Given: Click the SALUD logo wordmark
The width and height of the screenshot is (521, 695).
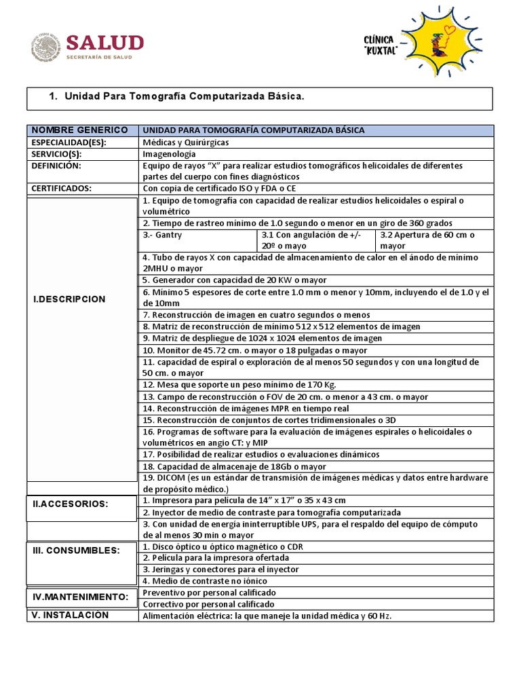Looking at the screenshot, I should pyautogui.click(x=106, y=43).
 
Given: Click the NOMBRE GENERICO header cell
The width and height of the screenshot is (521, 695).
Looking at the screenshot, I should pyautogui.click(x=79, y=130).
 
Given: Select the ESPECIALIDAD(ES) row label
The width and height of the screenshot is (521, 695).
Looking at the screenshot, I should pyautogui.click(x=69, y=142).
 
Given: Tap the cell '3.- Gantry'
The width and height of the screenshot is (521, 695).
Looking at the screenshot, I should pyautogui.click(x=163, y=235).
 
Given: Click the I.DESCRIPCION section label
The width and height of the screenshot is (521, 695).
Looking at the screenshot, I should pyautogui.click(x=70, y=299).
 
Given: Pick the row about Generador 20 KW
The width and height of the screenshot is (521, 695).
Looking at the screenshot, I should pyautogui.click(x=234, y=280).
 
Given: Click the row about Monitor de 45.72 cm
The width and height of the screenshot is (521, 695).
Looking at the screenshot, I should pyautogui.click(x=254, y=350).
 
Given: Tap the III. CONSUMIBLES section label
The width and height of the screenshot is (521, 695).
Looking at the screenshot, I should pyautogui.click(x=76, y=549).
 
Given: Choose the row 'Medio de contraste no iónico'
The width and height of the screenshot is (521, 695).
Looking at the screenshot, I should pyautogui.click(x=204, y=581).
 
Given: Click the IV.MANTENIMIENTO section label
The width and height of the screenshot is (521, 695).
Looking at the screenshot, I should pyautogui.click(x=81, y=597).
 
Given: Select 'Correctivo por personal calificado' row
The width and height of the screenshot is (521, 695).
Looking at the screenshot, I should pyautogui.click(x=209, y=603).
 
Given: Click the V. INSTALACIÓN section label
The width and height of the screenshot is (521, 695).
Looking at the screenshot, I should pyautogui.click(x=71, y=615).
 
